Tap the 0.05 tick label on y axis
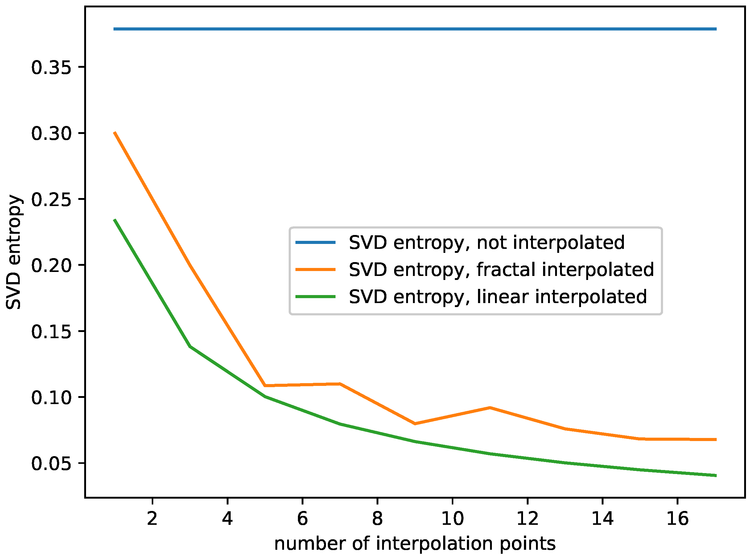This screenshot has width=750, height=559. pos(52,464)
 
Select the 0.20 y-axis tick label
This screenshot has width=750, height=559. pos(52,265)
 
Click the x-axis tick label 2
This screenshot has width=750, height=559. pos(152,518)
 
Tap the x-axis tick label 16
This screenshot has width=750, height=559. pos(677,518)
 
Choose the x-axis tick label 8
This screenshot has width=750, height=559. pos(377,518)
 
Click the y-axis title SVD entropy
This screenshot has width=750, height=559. pos(14,252)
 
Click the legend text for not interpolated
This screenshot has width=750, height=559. pos(486,243)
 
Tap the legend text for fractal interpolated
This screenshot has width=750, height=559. pos(501,270)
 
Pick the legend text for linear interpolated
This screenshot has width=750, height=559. pos(498,297)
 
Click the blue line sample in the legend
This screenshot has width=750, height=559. pos(315,242)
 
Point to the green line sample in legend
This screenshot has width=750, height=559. pos(315,297)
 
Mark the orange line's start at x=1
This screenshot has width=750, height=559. pos(115,133)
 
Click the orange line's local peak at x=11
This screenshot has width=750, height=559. pos(490,408)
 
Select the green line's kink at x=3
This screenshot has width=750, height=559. pos(190,346)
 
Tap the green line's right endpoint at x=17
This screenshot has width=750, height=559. pos(715,476)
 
